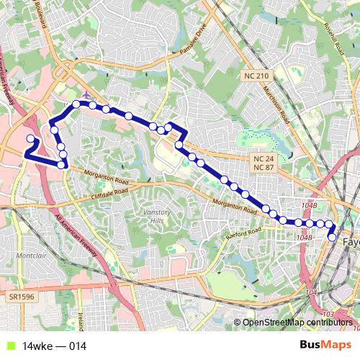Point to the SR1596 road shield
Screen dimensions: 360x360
pos(22,296)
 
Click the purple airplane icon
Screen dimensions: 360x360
pos(87,94)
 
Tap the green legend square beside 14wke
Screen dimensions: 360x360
pos(9,346)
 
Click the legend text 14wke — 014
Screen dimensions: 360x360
pos(55,346)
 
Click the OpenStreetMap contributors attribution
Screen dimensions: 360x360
pos(299,323)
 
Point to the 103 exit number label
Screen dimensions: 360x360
pos(328,315)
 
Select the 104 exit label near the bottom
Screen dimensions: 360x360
pos(311,293)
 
